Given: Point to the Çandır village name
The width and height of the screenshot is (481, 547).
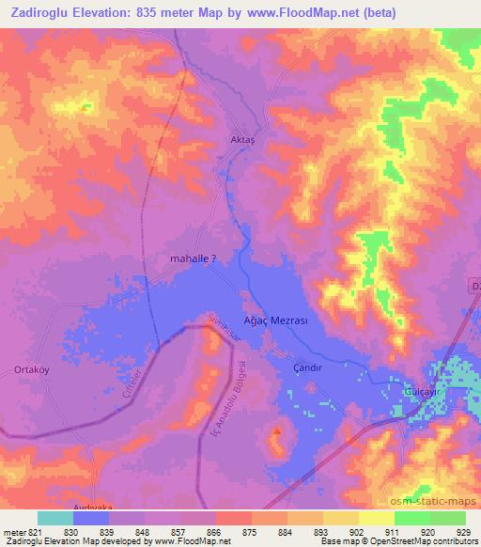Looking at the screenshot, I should (308, 368).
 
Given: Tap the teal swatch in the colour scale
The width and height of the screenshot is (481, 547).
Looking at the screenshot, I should (55, 518).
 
